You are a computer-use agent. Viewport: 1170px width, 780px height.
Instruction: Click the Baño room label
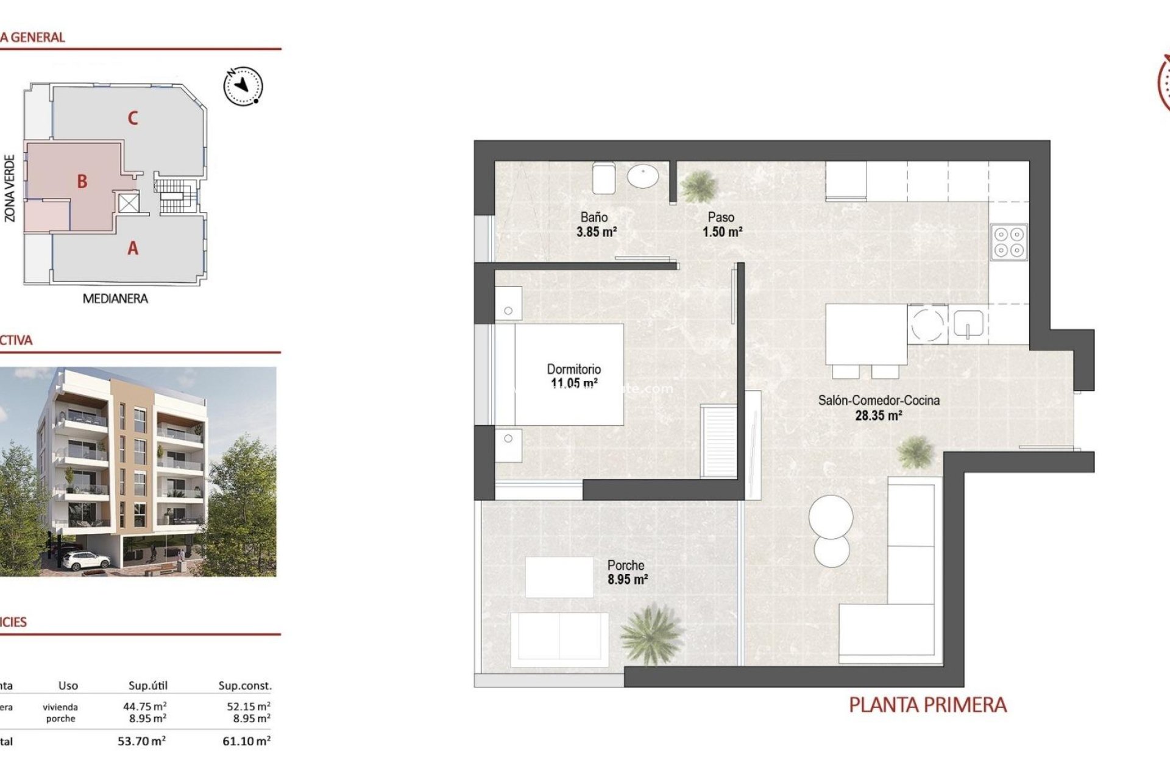(x=594, y=217)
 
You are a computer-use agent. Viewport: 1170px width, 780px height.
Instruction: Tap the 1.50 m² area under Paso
(x=722, y=232)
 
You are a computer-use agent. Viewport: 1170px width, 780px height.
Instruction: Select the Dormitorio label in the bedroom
(x=573, y=369)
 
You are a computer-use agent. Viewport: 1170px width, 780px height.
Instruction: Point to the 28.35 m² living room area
(x=878, y=416)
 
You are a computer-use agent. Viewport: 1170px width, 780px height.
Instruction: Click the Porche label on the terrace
(x=625, y=565)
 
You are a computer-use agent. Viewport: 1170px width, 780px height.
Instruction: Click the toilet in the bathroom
(x=603, y=178)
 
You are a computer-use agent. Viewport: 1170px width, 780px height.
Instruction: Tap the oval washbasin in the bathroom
(x=643, y=177)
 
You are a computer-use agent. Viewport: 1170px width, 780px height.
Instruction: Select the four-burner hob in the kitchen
(x=1009, y=242)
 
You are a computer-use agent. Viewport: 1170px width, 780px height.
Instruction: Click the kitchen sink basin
(x=968, y=324)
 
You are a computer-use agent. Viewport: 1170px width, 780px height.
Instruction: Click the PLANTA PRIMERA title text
(x=927, y=705)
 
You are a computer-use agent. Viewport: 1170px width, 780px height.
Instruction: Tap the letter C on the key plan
(x=133, y=118)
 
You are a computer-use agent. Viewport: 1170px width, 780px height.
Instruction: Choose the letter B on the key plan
(x=82, y=182)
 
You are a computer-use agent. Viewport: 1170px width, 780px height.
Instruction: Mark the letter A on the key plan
(x=133, y=249)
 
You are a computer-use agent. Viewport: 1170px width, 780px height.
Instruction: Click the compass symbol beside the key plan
(x=243, y=86)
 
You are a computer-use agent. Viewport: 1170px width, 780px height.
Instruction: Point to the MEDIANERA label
(x=115, y=299)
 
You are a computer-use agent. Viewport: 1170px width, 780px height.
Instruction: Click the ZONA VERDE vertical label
(x=10, y=188)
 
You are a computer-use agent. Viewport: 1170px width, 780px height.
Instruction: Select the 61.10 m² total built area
(x=246, y=741)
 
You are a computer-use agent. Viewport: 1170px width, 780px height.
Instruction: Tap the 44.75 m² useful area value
(x=144, y=706)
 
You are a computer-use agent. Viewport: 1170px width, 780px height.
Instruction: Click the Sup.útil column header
(x=147, y=686)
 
